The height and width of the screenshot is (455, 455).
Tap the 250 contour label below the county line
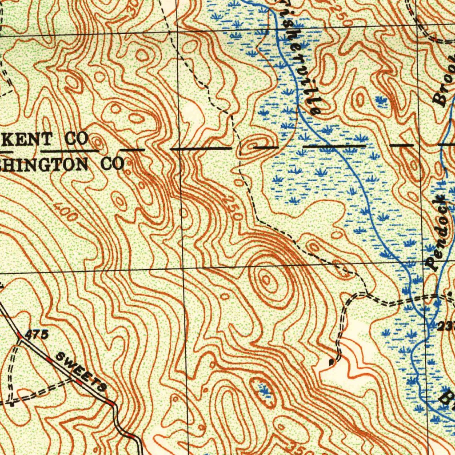(233, 208)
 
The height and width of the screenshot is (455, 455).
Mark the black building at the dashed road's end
(331, 362)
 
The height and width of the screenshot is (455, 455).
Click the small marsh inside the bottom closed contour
(264, 391)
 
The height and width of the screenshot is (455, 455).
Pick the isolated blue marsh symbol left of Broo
(381, 101)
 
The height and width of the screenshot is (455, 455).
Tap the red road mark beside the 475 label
(19, 335)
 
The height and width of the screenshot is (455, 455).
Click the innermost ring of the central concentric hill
(266, 279)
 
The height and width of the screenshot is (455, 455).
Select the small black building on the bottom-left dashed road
(12, 404)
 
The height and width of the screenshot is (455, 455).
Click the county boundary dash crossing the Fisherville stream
(334, 146)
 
